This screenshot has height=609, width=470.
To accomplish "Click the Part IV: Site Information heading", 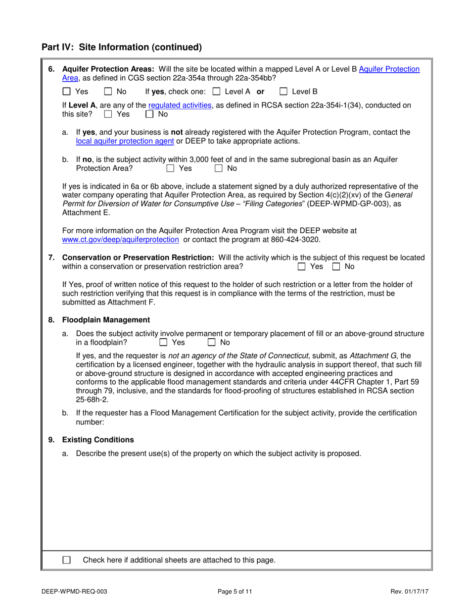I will tap(122, 48).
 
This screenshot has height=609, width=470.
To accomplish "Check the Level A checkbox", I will tap(216, 92).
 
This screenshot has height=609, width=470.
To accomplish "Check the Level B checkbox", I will tap(283, 92).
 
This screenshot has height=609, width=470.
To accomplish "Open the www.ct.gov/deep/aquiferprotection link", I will tap(121, 239).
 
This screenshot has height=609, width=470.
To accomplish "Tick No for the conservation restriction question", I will tap(336, 266).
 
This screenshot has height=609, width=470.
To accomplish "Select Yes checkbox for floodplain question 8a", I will tap(163, 342).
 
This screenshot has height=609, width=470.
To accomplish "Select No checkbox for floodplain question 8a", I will tap(212, 342).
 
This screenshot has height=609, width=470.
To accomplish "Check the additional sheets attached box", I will tap(67, 560).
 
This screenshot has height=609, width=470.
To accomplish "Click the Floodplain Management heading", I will tap(105, 320).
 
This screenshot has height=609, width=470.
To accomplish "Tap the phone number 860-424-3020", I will tap(296, 239).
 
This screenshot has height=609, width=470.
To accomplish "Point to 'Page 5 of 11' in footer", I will tap(235, 591).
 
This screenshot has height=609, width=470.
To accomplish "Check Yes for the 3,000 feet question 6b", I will tap(171, 168).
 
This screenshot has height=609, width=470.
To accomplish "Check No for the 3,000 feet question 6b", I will tap(219, 168).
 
